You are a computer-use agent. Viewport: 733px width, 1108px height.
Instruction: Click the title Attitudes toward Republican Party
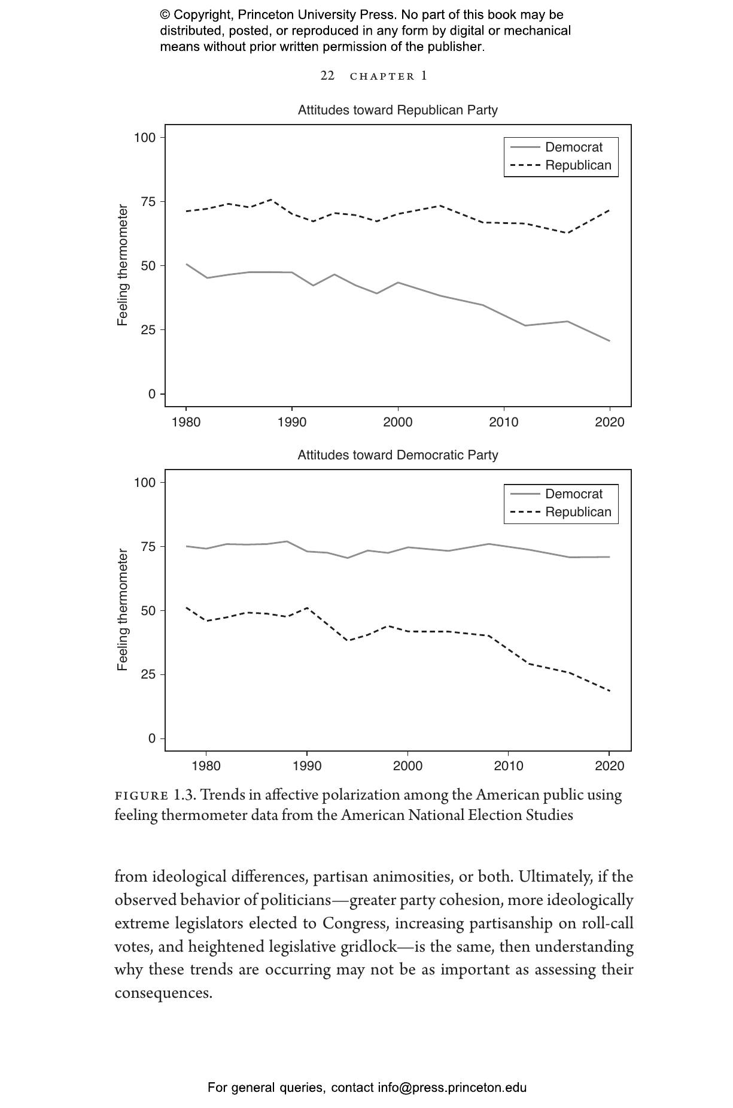[397, 110]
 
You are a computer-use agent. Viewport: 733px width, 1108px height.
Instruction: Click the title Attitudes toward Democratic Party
[397, 455]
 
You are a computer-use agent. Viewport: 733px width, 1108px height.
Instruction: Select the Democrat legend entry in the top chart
[573, 147]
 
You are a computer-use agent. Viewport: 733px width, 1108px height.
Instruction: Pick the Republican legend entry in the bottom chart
[577, 512]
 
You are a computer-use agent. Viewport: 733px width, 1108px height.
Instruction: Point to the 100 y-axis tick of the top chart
[144, 138]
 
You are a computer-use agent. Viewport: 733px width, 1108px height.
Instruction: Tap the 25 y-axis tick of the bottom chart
[148, 674]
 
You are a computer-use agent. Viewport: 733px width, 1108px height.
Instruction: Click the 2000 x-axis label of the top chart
[397, 422]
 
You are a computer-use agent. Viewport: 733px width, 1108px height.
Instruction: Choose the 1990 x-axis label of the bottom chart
[307, 766]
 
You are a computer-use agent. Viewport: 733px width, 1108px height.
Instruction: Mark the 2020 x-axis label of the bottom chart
[609, 766]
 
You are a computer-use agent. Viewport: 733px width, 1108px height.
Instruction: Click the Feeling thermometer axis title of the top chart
[123, 265]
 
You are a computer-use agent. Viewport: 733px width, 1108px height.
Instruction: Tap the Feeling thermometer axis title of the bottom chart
[123, 610]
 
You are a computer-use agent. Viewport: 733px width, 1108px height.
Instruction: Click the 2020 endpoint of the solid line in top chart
[609, 341]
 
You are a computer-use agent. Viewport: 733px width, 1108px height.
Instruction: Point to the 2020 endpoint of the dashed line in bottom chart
[609, 691]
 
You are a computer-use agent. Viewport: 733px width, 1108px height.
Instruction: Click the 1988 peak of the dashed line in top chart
[271, 199]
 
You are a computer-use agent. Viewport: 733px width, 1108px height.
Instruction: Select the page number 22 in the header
[327, 75]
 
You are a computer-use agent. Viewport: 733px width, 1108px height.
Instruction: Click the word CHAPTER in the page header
[382, 76]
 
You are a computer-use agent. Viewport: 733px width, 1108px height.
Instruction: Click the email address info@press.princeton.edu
[452, 1088]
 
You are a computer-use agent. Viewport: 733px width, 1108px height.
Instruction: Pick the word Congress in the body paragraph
[355, 923]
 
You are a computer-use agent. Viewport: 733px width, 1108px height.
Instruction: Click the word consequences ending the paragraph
[163, 993]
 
